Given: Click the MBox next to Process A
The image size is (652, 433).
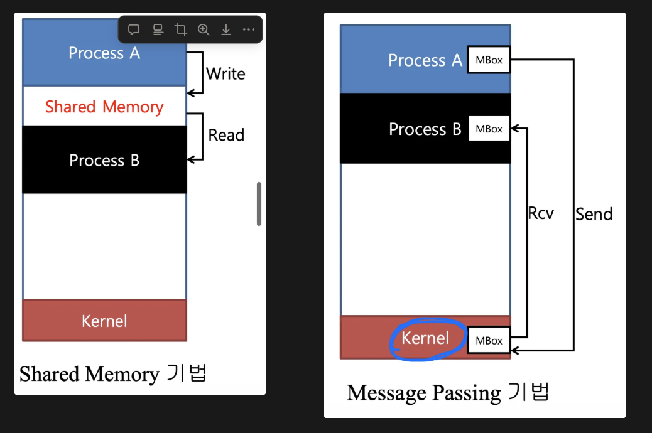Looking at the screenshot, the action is (489, 60).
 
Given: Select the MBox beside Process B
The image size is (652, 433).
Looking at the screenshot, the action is (489, 129).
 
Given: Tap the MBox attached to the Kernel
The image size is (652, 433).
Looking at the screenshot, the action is (489, 340).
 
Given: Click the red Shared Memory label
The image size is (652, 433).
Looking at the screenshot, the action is (104, 107).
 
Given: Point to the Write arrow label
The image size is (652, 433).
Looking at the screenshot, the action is (225, 73).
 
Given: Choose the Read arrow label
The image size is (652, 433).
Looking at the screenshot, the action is (226, 135).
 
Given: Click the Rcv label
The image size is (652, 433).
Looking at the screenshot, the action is (541, 213).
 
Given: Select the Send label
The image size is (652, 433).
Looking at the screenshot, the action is (594, 215).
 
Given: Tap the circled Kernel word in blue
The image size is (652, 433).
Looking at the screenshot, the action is (425, 338).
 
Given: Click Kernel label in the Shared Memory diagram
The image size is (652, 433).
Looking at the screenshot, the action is (104, 321).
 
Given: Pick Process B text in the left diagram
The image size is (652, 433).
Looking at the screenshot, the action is (104, 161).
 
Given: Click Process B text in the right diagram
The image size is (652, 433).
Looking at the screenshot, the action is (425, 129).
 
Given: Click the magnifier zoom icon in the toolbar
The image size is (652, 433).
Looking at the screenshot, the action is (204, 29).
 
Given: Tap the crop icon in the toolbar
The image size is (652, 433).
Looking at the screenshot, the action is (181, 29).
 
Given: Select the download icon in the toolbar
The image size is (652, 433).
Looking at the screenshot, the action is (225, 29).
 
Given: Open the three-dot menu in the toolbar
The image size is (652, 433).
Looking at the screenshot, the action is (249, 29).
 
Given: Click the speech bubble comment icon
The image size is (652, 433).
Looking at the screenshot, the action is (134, 29).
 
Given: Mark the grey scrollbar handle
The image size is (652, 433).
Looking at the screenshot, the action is (259, 203).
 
